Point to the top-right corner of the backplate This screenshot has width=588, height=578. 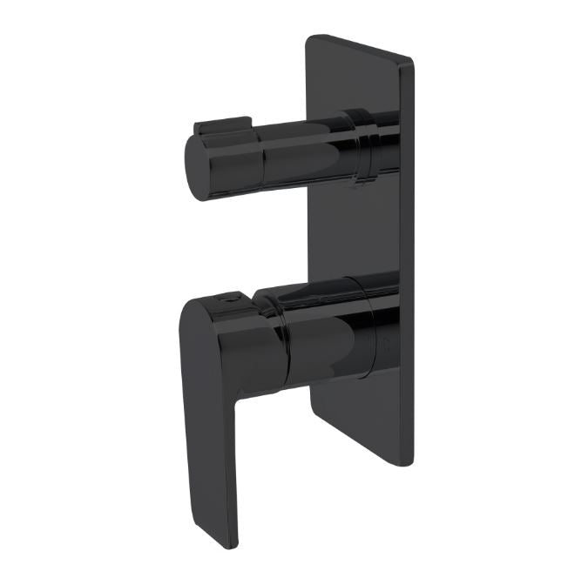(x=409, y=58)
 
